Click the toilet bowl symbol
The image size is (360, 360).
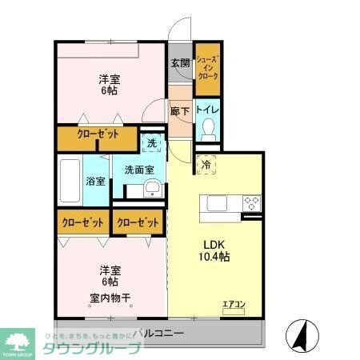click(x=207, y=128)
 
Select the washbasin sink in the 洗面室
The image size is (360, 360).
click(x=152, y=190)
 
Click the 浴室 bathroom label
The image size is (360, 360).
click(x=95, y=181)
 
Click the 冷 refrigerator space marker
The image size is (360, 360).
click(x=206, y=166)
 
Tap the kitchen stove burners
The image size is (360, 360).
click(x=251, y=202)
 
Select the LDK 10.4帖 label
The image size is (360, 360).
click(x=214, y=250)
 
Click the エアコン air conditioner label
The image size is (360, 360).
click(x=233, y=303)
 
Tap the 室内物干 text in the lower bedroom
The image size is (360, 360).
click(x=110, y=298)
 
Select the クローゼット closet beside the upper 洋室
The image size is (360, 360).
click(x=97, y=136)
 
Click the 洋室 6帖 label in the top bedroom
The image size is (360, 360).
click(x=110, y=85)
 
